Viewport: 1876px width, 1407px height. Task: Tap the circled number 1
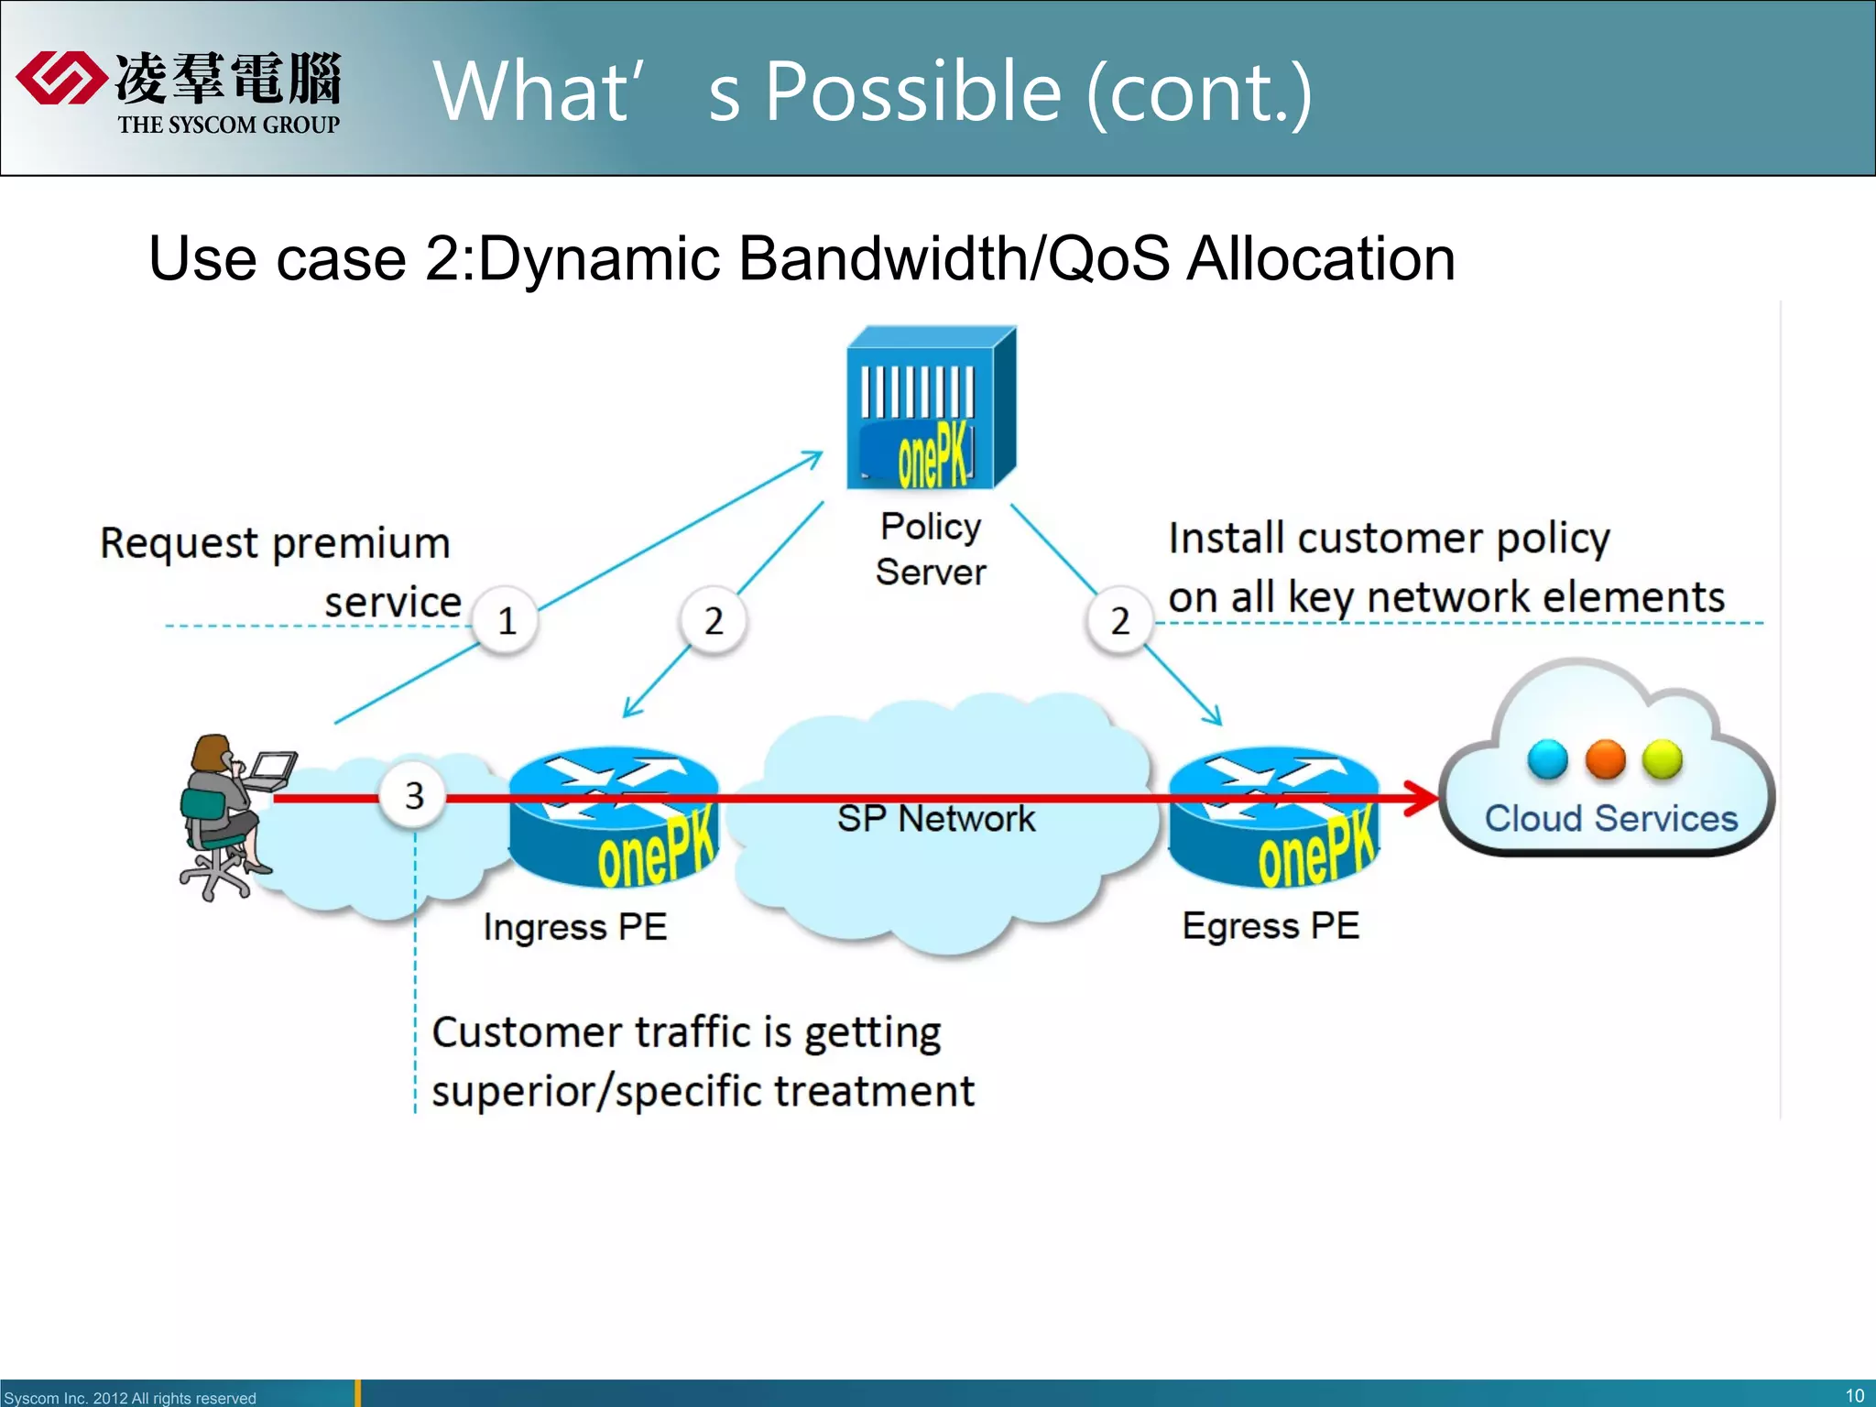tap(506, 621)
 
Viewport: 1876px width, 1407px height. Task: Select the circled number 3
tap(414, 795)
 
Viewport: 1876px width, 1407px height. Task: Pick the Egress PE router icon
tap(1273, 818)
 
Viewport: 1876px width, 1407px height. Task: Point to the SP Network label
tap(935, 818)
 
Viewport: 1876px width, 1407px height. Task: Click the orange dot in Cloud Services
tap(1605, 759)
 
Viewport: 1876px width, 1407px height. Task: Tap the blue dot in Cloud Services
tap(1547, 759)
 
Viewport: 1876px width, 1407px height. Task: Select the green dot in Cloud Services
tap(1662, 759)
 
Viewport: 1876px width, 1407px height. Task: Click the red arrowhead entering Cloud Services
tap(1423, 799)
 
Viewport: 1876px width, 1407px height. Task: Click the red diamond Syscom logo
tap(60, 79)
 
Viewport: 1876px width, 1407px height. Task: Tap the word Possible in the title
tap(912, 92)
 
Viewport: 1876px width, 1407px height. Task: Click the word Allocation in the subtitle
tap(1320, 259)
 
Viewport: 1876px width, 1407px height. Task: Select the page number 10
tap(1854, 1395)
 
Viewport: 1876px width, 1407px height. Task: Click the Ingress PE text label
tap(574, 927)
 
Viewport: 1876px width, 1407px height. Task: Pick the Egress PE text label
tap(1271, 925)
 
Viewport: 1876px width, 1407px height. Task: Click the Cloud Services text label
tap(1610, 818)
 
